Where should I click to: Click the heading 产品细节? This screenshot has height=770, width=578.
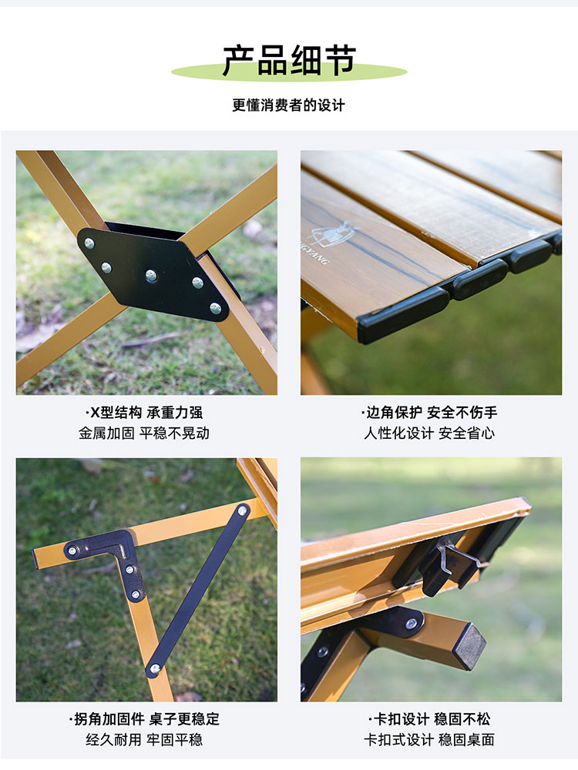click(x=289, y=60)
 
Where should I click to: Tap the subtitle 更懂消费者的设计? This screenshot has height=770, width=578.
click(x=288, y=105)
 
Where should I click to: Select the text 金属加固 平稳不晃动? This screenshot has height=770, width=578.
click(x=144, y=433)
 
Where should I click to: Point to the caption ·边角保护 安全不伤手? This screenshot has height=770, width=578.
click(x=429, y=413)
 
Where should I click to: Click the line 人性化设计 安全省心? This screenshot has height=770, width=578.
click(x=429, y=433)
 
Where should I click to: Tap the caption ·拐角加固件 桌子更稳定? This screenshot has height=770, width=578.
click(x=144, y=719)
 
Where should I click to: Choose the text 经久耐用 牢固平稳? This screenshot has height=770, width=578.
click(x=144, y=739)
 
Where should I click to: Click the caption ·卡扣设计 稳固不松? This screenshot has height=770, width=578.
click(x=429, y=719)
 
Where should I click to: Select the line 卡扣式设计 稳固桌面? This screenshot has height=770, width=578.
click(x=429, y=739)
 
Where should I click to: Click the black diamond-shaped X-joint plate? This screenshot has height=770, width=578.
click(x=153, y=273)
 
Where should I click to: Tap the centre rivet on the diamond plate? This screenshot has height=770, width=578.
click(x=151, y=276)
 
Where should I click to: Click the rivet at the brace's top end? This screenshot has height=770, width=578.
click(x=242, y=511)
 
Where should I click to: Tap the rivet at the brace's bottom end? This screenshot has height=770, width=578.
click(x=155, y=668)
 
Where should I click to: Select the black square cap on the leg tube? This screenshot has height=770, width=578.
click(x=469, y=644)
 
